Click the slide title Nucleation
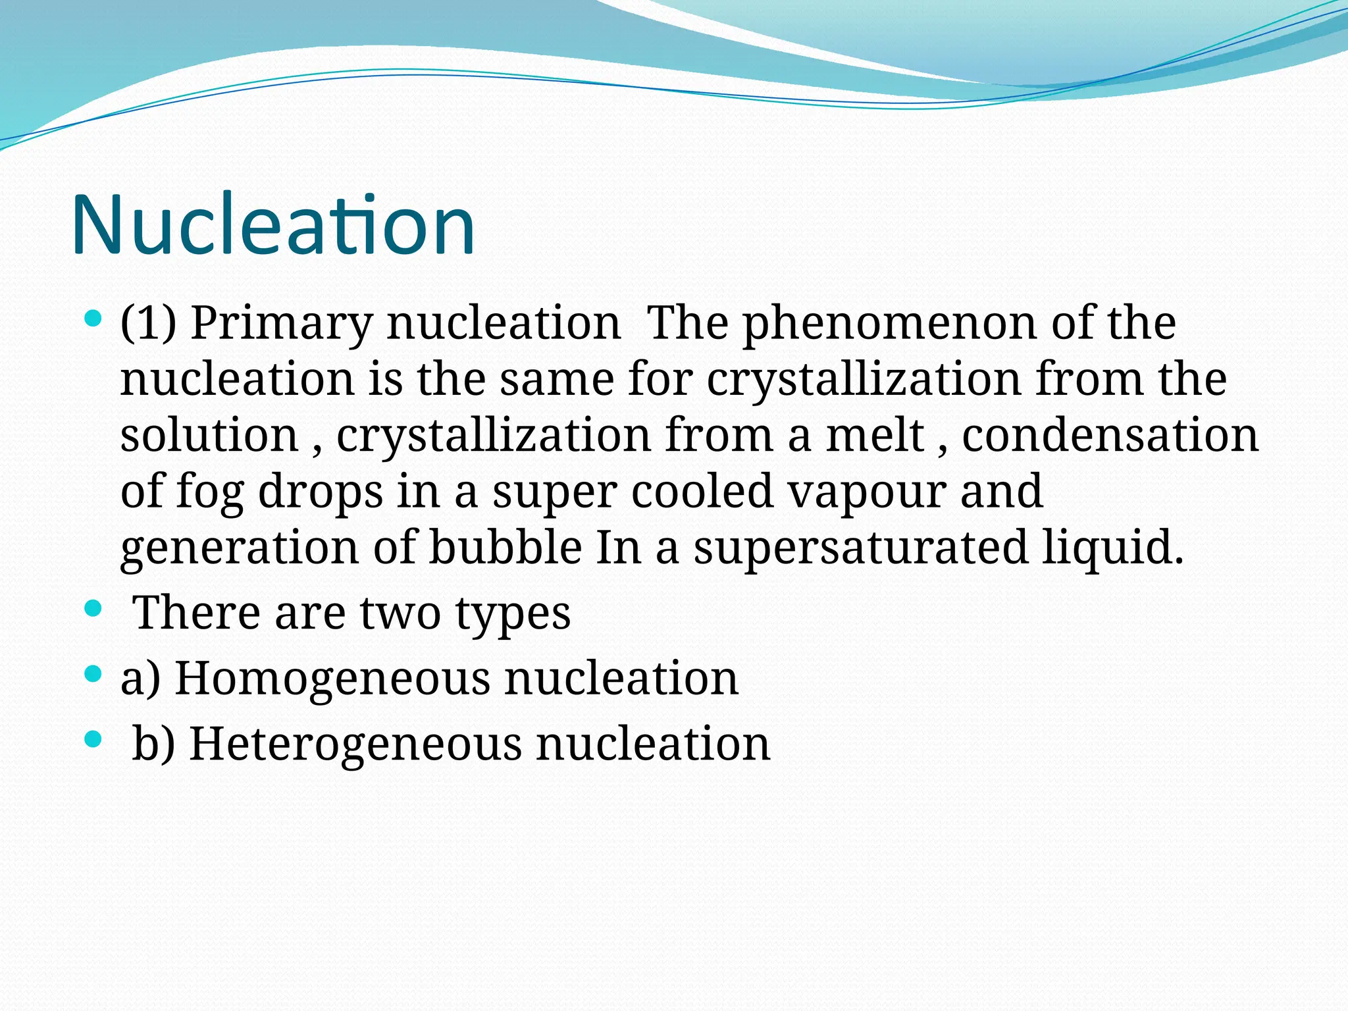coord(272,225)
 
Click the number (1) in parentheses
coord(149,324)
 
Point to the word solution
coord(209,436)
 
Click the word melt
coord(875,436)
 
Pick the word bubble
coord(505,548)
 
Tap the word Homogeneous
coord(332,679)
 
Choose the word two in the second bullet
coord(400,613)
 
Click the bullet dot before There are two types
coord(93,608)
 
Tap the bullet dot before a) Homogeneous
coord(93,674)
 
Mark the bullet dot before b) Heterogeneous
coord(93,739)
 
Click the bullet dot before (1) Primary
coord(93,320)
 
